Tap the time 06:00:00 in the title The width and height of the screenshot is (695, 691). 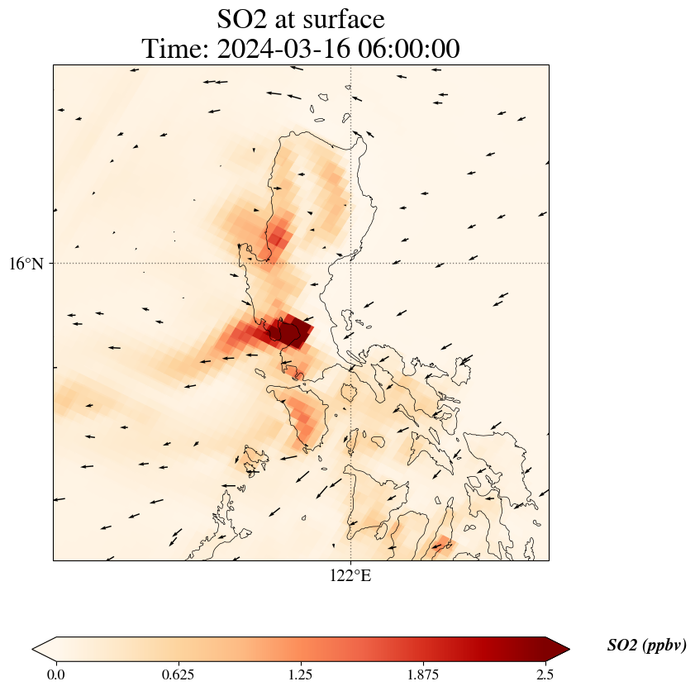(x=410, y=49)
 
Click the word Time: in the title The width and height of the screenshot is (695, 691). (x=175, y=49)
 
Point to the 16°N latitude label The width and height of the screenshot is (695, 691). (x=27, y=264)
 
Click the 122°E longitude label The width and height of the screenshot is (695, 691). (x=350, y=575)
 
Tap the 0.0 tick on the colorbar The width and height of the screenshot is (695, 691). (x=56, y=674)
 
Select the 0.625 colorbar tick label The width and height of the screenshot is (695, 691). (x=179, y=674)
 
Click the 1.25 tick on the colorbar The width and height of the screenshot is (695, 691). (x=301, y=674)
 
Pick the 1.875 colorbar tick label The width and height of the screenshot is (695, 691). (x=423, y=674)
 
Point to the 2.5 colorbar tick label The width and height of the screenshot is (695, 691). (x=545, y=674)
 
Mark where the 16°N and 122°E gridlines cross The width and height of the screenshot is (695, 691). (x=351, y=263)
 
